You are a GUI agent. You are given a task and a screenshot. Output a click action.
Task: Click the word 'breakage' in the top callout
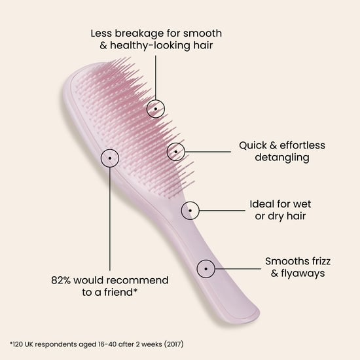coord(139,33)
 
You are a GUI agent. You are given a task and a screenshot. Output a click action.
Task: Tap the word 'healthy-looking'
coord(150,45)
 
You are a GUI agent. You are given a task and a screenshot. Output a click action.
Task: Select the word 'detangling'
coord(282,158)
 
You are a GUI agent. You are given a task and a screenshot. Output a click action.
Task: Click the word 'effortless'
coord(302,145)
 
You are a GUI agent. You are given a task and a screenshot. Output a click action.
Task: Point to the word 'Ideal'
coord(262,204)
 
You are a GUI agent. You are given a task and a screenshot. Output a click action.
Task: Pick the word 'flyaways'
coord(303,274)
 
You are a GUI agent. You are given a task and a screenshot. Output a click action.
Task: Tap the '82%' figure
coord(61,280)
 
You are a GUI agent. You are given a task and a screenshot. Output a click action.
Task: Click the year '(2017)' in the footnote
coord(174,344)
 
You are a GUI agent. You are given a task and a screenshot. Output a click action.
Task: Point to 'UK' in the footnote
coord(29,344)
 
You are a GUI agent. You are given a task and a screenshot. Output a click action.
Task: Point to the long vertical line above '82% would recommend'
coord(110,219)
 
